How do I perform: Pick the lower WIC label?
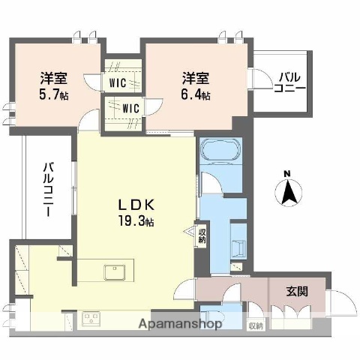[x=132, y=109]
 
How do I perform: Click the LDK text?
[x=136, y=204]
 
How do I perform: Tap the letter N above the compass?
[x=286, y=175]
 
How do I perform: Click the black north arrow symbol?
[x=286, y=193]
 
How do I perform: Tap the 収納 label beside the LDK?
[x=202, y=236]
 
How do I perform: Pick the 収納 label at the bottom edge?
[x=256, y=325]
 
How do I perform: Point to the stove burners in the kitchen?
[x=91, y=318]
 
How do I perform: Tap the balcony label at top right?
[x=289, y=82]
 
